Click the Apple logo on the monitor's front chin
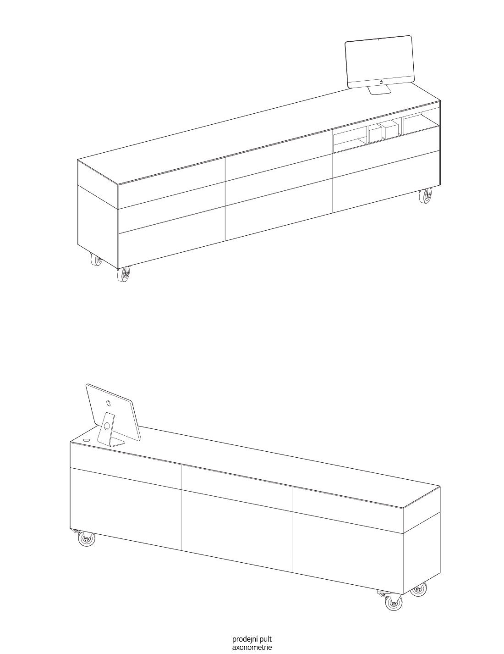click(381, 82)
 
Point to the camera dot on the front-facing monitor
click(378, 39)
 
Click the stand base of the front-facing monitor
click(380, 91)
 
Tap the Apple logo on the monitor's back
click(108, 402)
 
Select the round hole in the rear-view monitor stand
click(107, 426)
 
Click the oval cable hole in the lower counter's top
click(86, 440)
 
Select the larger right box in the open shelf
click(389, 130)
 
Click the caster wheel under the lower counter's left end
click(86, 538)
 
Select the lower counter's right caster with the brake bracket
click(394, 602)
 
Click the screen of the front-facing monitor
click(379, 60)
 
